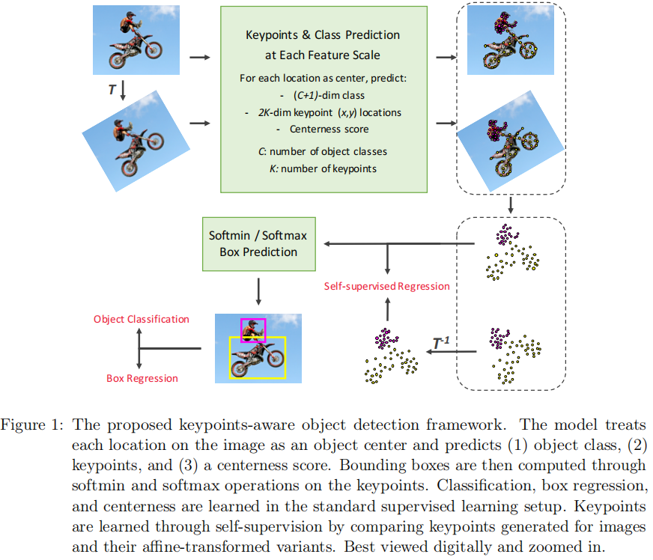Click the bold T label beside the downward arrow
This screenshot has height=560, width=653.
pos(112,88)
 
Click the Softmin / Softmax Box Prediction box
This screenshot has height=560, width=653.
pos(258,244)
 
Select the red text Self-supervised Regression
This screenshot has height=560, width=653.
pos(387,286)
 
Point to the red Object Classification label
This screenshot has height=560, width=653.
pos(142,319)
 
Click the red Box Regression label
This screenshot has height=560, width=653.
pos(142,378)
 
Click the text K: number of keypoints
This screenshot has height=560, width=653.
pos(323,168)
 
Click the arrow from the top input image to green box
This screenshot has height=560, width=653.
pos(200,57)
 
